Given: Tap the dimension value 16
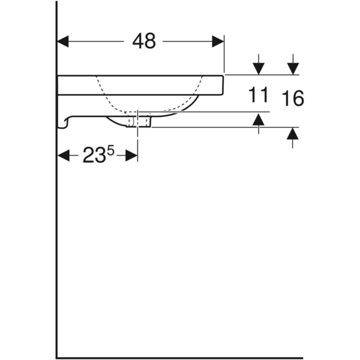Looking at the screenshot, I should tap(293, 98).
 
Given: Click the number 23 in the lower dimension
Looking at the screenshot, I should tap(94, 156).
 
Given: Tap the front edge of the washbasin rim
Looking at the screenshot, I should tap(223, 85).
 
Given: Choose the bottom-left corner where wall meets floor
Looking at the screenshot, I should tap(57, 358).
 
